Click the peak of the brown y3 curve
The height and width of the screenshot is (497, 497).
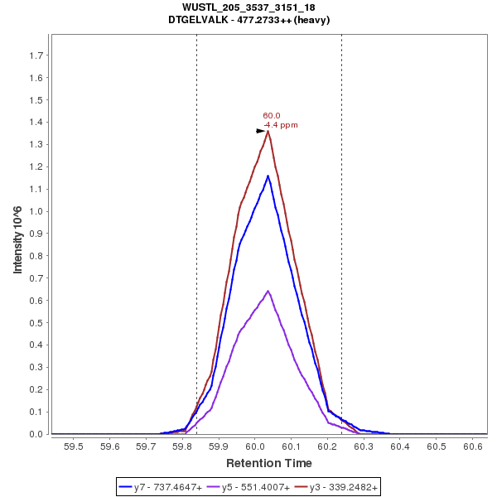pos(268,131)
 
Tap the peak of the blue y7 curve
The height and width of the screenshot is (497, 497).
pos(268,176)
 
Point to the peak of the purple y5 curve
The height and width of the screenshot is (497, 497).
pos(268,291)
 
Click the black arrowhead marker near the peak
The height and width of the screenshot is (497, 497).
pos(261,131)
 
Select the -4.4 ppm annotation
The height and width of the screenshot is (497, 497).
pos(280,125)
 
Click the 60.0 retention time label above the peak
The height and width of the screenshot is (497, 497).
pos(272,116)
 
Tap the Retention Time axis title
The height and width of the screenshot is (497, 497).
pos(269,463)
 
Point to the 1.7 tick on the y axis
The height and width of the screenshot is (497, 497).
pos(36,55)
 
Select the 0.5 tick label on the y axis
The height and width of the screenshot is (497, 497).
pos(36,322)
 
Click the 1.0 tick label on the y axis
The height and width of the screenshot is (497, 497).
pos(36,211)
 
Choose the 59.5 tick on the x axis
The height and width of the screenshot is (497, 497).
pos(74,446)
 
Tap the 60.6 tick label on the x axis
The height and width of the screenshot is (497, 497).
pos(473,446)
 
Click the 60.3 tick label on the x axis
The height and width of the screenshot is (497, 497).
pos(364,446)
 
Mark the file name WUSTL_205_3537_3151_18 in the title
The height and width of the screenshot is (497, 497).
pos(248,7)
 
